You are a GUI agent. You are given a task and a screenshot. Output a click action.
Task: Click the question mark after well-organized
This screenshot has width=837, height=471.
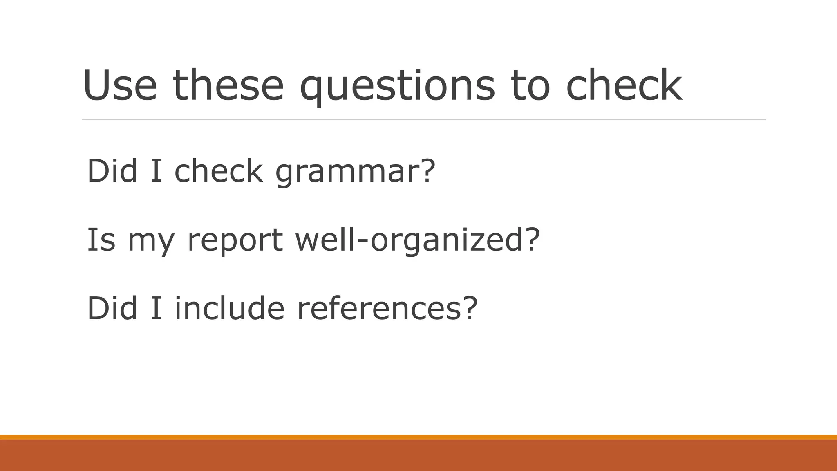point(533,239)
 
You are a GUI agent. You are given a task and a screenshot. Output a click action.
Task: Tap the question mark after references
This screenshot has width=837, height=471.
point(470,308)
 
